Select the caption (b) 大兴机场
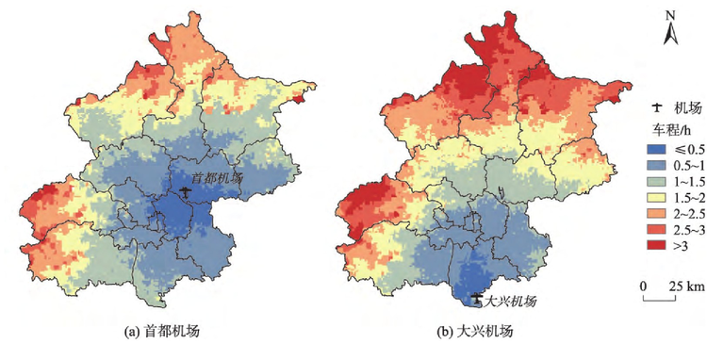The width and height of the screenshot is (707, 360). (x=473, y=332)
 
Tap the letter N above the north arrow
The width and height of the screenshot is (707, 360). (x=668, y=14)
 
